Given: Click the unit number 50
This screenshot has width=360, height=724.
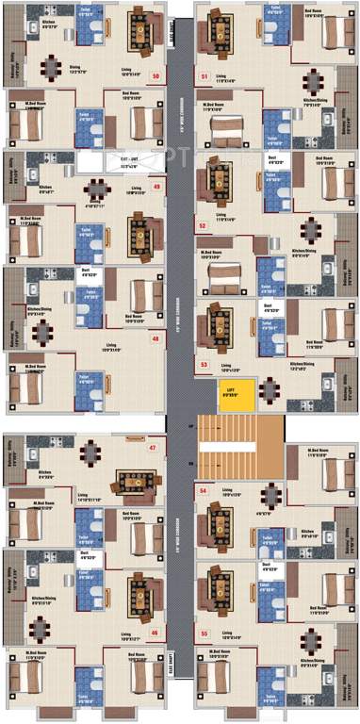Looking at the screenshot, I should pos(155,75).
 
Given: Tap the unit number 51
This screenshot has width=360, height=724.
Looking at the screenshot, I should pos(204,75).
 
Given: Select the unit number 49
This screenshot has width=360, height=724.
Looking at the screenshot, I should pos(155,187).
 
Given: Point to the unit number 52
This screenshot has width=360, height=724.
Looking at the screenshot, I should pos(203,225).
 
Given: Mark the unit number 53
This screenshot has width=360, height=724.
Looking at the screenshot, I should pos(203,362).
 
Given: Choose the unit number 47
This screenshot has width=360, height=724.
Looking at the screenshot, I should pos(153,448).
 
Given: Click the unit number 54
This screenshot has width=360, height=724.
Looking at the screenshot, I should pos(203,491).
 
